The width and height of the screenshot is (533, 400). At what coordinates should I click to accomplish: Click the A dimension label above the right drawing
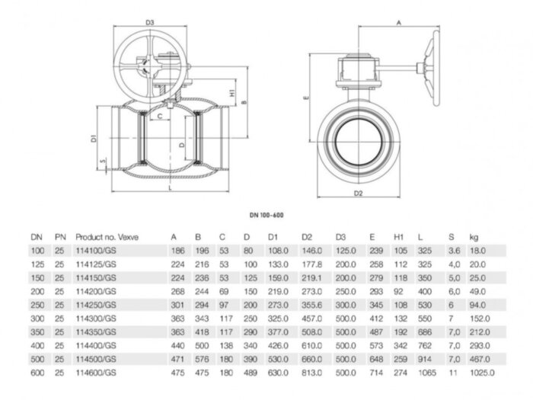[398, 24]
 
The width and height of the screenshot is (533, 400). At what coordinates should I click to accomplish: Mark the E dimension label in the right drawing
[304, 98]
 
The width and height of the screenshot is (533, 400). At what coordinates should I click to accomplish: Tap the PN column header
[60, 237]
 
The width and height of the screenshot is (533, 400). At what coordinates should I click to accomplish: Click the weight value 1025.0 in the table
[482, 373]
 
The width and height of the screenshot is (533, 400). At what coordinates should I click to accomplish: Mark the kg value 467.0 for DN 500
[480, 359]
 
